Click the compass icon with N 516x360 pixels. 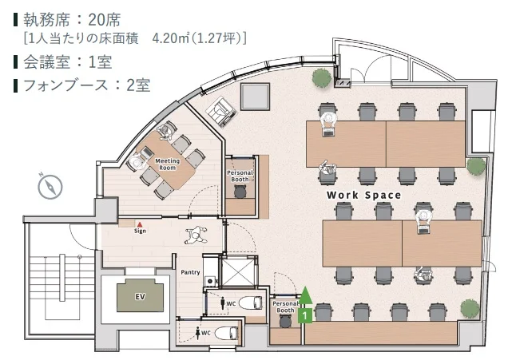coord(50,187)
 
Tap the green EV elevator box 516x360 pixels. coord(141,295)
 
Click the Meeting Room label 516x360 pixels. coord(167,164)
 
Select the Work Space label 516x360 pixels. coord(363,195)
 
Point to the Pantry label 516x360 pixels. coord(190,272)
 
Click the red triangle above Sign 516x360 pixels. coord(140,224)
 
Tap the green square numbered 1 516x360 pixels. coord(305,316)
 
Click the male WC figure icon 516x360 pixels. coord(223,303)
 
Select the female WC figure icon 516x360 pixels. coord(198,333)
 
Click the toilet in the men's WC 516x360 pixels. coord(251,303)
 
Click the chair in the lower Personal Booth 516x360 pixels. coord(286,321)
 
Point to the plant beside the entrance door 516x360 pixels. coord(322,78)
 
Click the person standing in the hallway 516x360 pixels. coord(196,235)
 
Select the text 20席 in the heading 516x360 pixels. coord(105,20)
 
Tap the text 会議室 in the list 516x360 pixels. coord(46,62)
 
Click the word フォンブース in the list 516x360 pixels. coord(65,85)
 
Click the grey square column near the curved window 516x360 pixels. coord(255,97)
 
